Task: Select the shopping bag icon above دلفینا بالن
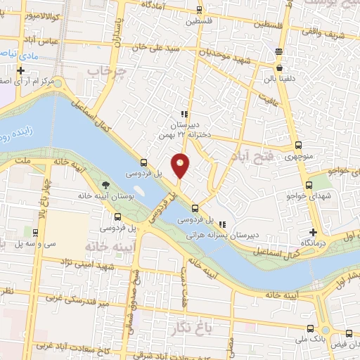click(x=281, y=69)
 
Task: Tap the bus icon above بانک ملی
click(x=311, y=328)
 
